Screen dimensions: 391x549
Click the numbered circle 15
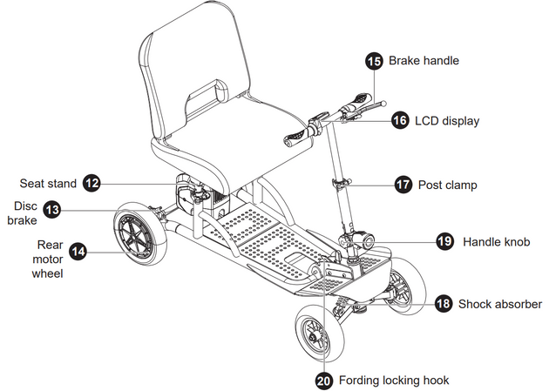coord(374,61)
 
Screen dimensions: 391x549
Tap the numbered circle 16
coord(400,120)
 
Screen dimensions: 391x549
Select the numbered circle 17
coord(403,185)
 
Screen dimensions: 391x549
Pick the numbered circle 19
coord(444,241)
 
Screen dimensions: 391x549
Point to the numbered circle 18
coord(443,304)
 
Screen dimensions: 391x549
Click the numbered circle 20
coord(324,380)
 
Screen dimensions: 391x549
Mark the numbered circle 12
coord(92,183)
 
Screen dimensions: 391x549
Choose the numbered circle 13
coord(53,209)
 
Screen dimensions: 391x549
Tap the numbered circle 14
coord(78,251)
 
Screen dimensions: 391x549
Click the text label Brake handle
coord(424,61)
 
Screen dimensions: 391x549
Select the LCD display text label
coord(447,121)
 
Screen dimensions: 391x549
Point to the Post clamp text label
coord(448,185)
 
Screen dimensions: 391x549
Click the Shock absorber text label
coord(500,304)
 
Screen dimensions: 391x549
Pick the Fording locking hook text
coord(394,380)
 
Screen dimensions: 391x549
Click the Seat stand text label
coord(48,183)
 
